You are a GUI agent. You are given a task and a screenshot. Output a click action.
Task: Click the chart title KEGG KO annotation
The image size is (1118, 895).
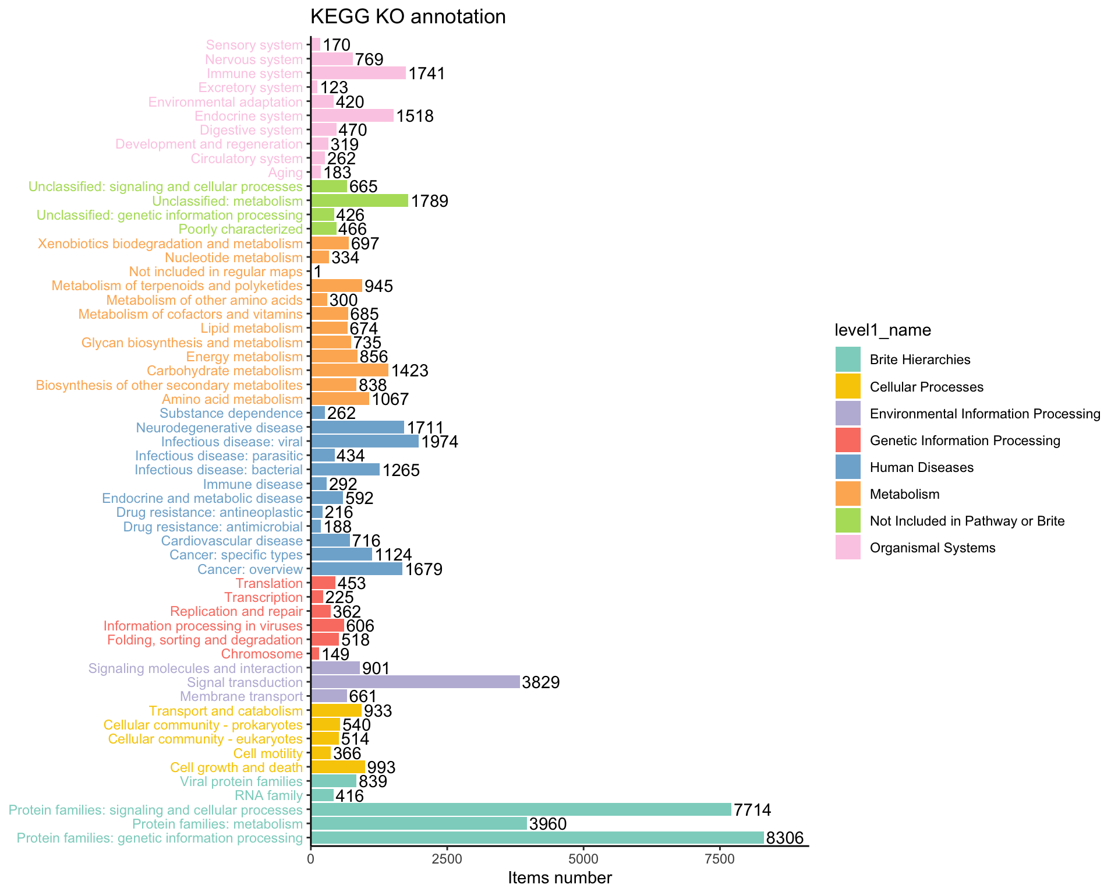click(x=408, y=17)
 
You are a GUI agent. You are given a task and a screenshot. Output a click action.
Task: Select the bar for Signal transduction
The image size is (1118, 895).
click(x=415, y=682)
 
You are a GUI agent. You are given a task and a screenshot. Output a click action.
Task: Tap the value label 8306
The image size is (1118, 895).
click(x=784, y=838)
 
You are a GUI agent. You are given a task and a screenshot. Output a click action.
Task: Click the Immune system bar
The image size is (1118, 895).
click(x=358, y=73)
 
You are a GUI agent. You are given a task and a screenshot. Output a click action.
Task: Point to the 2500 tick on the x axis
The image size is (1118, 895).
click(x=447, y=859)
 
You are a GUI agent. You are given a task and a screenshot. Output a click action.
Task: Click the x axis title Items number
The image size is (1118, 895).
click(x=560, y=878)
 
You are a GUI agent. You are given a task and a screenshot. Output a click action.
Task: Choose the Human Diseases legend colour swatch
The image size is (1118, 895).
click(x=848, y=467)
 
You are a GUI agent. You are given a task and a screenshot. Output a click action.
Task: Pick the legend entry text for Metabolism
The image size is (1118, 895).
click(x=904, y=495)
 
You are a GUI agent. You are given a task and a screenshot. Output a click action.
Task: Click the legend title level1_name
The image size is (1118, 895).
click(x=883, y=330)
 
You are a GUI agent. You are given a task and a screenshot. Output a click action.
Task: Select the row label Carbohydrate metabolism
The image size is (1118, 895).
click(x=225, y=371)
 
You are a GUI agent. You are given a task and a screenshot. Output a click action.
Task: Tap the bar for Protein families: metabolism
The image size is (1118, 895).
click(x=419, y=824)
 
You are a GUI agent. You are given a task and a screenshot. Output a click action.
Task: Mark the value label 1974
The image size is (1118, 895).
click(x=440, y=442)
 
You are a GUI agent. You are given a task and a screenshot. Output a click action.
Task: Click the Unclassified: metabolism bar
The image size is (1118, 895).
click(x=359, y=201)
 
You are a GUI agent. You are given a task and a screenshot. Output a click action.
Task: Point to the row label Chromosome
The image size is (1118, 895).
click(x=262, y=654)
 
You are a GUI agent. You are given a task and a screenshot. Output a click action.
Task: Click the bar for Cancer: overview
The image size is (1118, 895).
click(x=356, y=569)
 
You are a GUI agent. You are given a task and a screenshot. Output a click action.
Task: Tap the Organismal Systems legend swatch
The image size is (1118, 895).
click(x=848, y=548)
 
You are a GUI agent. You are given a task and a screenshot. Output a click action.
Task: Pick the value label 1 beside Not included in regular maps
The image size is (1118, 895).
click(x=317, y=272)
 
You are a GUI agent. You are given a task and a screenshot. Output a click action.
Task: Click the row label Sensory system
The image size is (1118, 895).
click(x=254, y=45)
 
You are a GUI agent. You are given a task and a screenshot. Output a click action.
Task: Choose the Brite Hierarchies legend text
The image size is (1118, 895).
click(x=920, y=360)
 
